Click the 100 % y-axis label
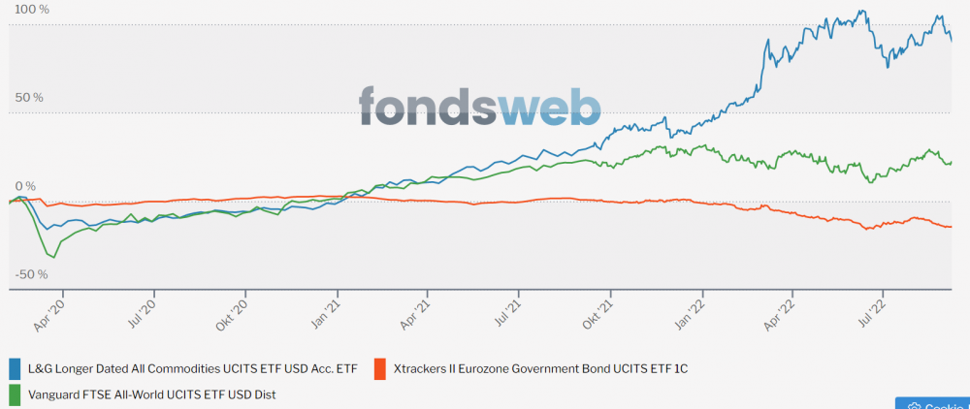[x=31, y=9]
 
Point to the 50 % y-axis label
[x=28, y=97]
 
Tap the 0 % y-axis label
[x=24, y=185]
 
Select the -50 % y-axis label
[x=30, y=274]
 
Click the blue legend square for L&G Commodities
[x=15, y=369]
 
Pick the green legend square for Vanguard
[x=15, y=394]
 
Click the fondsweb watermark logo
[x=479, y=106]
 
